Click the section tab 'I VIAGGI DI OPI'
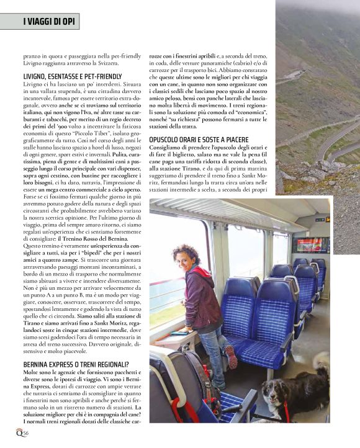[x=47, y=22]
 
